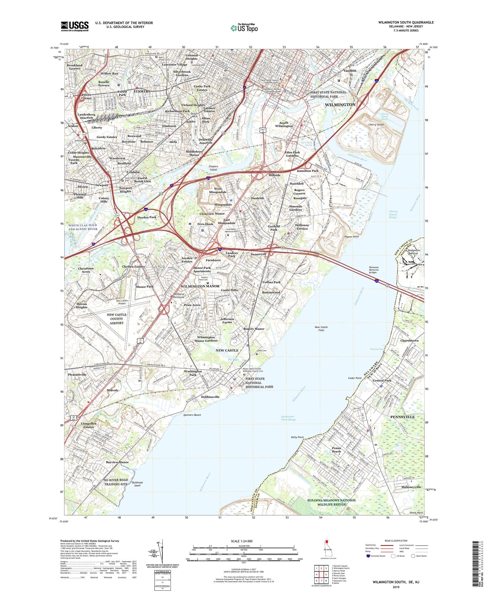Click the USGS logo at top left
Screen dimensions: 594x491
click(75, 26)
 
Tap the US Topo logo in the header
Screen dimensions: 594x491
click(244, 28)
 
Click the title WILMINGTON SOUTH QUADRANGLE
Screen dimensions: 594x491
click(406, 22)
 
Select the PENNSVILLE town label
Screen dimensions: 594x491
click(402, 417)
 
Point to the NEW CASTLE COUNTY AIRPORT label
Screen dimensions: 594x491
click(117, 318)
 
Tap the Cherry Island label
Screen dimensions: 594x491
click(376, 125)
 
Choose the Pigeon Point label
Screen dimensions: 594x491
click(352, 236)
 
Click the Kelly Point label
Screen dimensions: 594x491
click(297, 437)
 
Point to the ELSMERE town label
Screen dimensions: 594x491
click(142, 91)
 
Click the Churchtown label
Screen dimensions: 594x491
click(409, 340)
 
